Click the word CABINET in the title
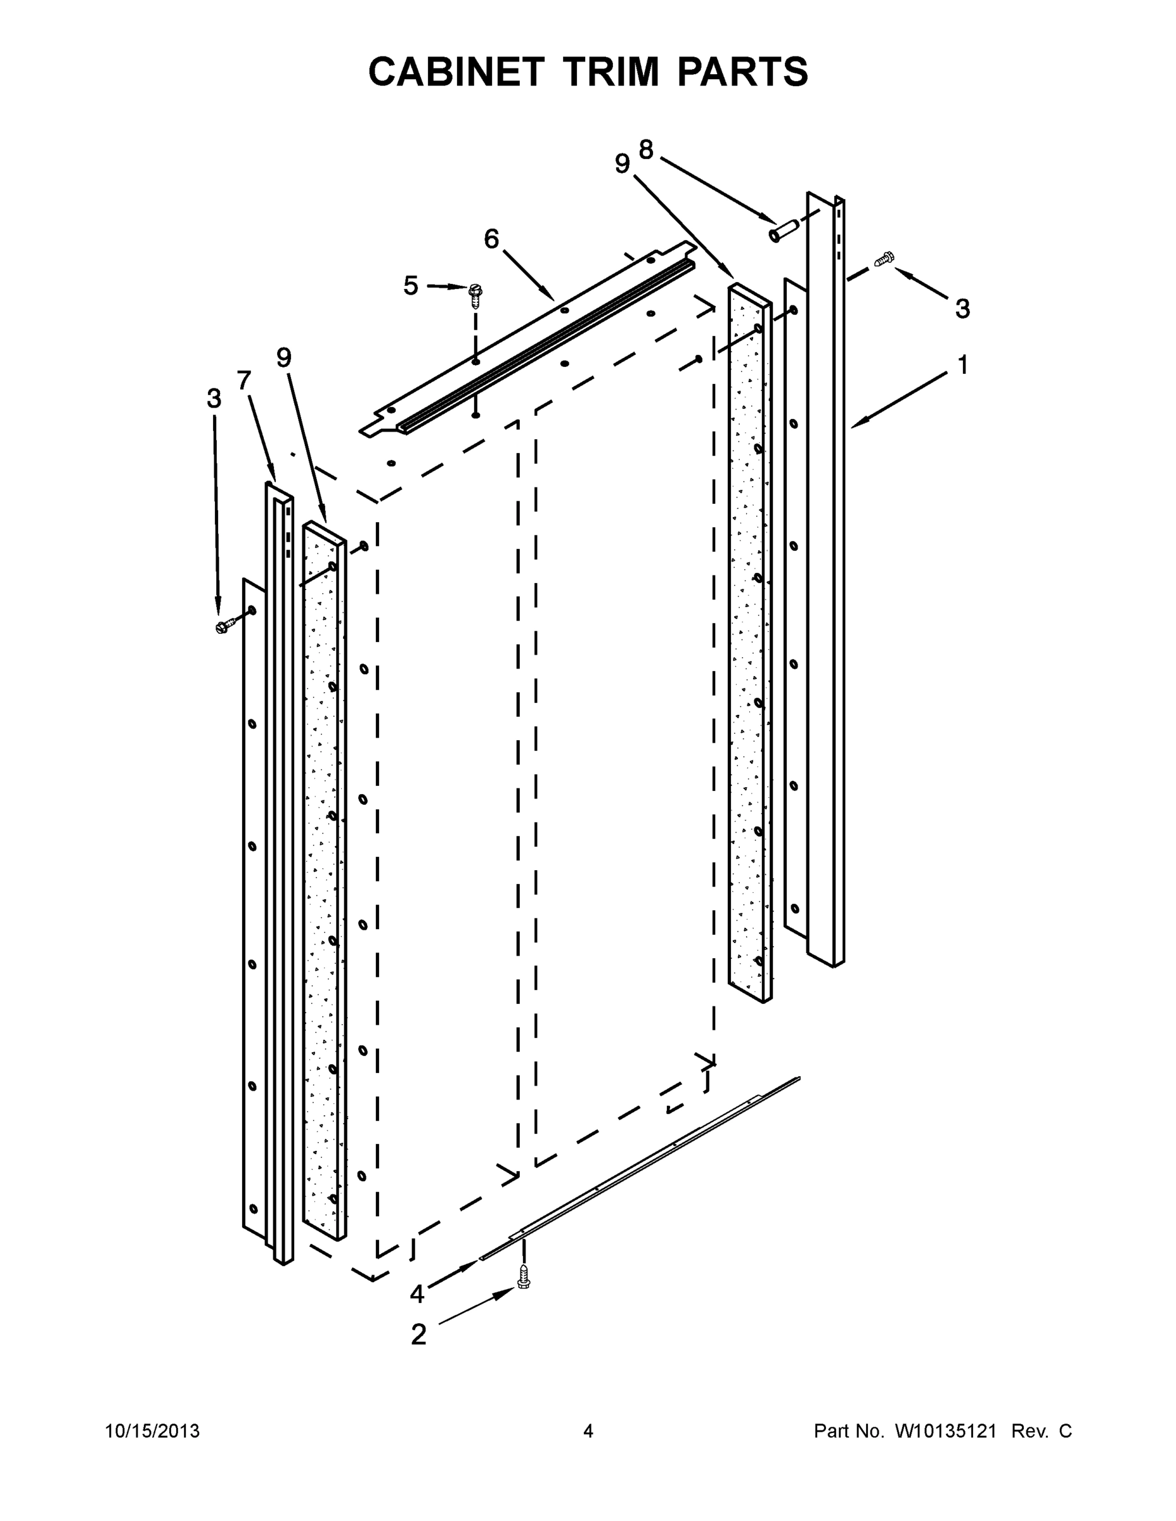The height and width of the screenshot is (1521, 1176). pyautogui.click(x=456, y=72)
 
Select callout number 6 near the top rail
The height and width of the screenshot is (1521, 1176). pyautogui.click(x=491, y=240)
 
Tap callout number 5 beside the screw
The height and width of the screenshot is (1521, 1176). pyautogui.click(x=411, y=286)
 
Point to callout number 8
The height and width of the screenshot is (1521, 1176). pyautogui.click(x=646, y=149)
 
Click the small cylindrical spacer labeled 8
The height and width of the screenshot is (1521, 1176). pyautogui.click(x=779, y=232)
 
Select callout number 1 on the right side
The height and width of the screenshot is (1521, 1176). pyautogui.click(x=962, y=365)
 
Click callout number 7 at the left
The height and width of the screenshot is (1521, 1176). pyautogui.click(x=243, y=380)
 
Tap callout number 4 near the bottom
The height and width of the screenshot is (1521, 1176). pyautogui.click(x=417, y=1294)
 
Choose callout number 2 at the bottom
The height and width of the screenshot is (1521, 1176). pyautogui.click(x=418, y=1334)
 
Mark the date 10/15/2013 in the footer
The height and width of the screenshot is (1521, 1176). pyautogui.click(x=152, y=1431)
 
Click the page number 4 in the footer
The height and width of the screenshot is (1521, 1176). pyautogui.click(x=588, y=1431)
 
